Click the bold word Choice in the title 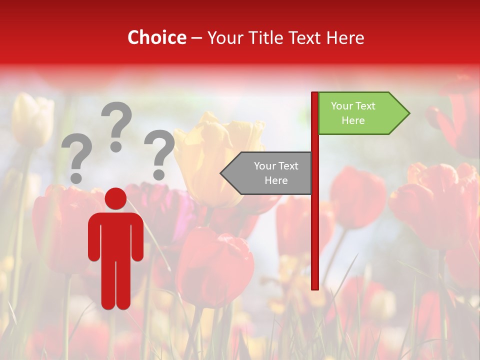click(156, 37)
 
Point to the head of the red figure click(116, 199)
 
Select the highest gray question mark click(116, 122)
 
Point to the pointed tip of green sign click(408, 113)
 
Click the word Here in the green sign click(353, 120)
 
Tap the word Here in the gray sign click(276, 180)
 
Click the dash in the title click(196, 38)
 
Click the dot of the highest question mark click(116, 146)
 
